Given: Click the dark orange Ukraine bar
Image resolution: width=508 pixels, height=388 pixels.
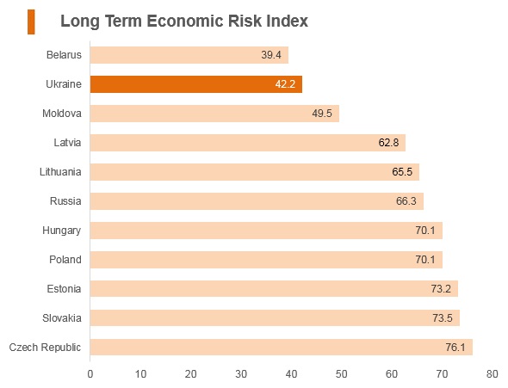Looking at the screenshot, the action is tap(196, 84).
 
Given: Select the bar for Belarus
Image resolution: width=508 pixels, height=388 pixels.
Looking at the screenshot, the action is tap(189, 55).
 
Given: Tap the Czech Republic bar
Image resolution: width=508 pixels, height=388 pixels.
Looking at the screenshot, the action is tap(282, 348).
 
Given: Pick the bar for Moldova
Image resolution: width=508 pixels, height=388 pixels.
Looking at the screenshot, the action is tap(214, 114).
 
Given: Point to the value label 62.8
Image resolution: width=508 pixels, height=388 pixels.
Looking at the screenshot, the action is tap(388, 143).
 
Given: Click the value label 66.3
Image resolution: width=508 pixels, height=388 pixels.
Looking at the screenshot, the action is tap(406, 201).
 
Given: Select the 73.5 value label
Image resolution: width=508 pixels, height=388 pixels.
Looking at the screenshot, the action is tap(443, 317).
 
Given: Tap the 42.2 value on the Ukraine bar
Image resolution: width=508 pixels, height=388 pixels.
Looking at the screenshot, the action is tap(285, 84).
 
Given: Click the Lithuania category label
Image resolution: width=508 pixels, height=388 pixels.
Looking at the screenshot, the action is tap(60, 172).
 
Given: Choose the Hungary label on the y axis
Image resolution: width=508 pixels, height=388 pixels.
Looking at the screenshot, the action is tap(61, 231).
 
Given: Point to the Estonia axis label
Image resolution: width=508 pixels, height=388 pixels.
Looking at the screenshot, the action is tap(64, 289).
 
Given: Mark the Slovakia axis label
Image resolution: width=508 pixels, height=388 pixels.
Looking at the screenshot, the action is tap(61, 318).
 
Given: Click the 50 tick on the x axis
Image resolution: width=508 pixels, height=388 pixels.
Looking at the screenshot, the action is tap(342, 374).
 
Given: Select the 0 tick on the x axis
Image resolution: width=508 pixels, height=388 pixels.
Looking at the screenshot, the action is tap(90, 374).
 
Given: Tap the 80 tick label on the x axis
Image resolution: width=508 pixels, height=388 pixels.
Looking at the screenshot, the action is tap(493, 374).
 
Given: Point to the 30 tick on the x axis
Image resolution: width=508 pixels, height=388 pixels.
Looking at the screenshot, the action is tap(241, 374).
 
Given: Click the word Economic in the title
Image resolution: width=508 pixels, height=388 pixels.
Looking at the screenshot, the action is tap(185, 21).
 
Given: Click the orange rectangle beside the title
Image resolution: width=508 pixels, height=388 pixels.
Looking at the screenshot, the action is tap(31, 22).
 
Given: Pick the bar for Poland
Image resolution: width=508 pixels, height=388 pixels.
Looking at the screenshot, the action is tap(266, 260).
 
